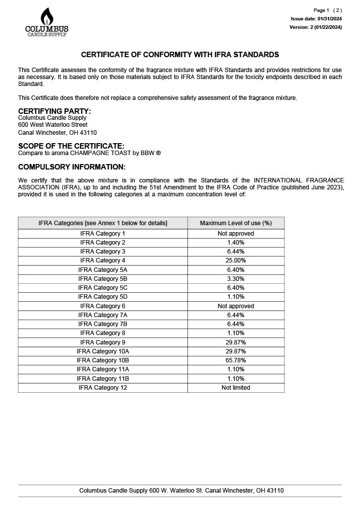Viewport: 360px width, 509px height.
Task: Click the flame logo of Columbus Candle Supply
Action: [47, 16]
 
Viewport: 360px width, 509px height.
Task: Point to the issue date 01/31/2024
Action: [316, 19]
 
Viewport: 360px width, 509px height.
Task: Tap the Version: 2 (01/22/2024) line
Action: [315, 27]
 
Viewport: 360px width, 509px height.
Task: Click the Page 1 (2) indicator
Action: [327, 10]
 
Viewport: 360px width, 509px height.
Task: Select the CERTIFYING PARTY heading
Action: [54, 111]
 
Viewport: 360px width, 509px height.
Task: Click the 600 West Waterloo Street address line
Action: [53, 125]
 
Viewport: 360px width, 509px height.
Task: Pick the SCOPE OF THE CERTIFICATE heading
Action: [71, 146]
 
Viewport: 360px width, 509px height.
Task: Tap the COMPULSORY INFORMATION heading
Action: [72, 167]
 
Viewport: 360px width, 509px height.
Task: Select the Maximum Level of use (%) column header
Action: [236, 223]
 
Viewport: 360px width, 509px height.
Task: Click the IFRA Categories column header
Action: [103, 223]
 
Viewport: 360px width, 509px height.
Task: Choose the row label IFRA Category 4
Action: [103, 260]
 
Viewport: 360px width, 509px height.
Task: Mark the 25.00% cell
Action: [236, 260]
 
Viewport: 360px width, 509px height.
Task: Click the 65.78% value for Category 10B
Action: [236, 360]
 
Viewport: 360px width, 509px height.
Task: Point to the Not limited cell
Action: [236, 388]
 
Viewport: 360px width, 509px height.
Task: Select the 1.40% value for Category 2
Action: [236, 243]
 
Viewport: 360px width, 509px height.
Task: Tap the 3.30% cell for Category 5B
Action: [236, 279]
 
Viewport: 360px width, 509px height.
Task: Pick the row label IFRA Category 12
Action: [103, 388]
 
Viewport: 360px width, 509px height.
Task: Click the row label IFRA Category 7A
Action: [103, 315]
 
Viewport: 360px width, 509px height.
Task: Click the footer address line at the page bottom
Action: [181, 491]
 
